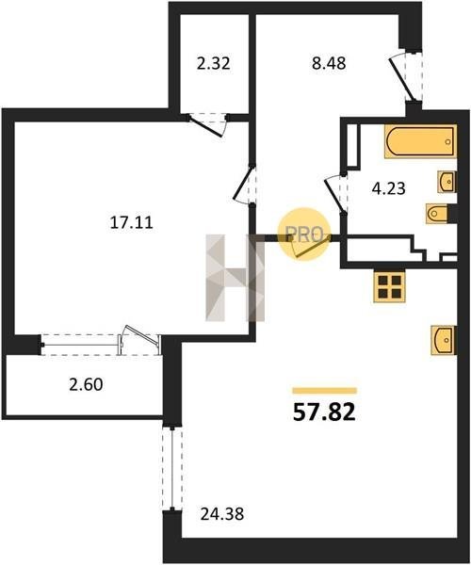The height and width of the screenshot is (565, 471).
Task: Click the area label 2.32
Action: [213, 64]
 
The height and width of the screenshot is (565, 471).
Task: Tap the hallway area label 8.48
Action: [329, 63]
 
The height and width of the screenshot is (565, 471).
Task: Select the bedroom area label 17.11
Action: [132, 222]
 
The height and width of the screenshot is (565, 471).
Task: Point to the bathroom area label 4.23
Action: [389, 188]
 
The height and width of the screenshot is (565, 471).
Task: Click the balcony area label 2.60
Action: [86, 384]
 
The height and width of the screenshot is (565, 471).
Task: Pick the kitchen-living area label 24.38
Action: [222, 514]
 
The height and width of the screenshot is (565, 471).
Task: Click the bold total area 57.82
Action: [324, 412]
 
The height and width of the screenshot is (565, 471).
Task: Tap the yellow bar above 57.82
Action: [325, 391]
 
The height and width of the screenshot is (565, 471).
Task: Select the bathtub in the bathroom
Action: [420, 141]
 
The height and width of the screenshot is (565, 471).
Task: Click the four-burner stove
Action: [389, 286]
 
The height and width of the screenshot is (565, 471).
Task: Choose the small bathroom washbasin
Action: [447, 182]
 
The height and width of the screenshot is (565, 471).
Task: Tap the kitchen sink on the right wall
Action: [444, 340]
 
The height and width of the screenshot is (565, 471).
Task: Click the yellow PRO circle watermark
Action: [303, 234]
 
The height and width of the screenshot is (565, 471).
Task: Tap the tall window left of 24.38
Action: [172, 468]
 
